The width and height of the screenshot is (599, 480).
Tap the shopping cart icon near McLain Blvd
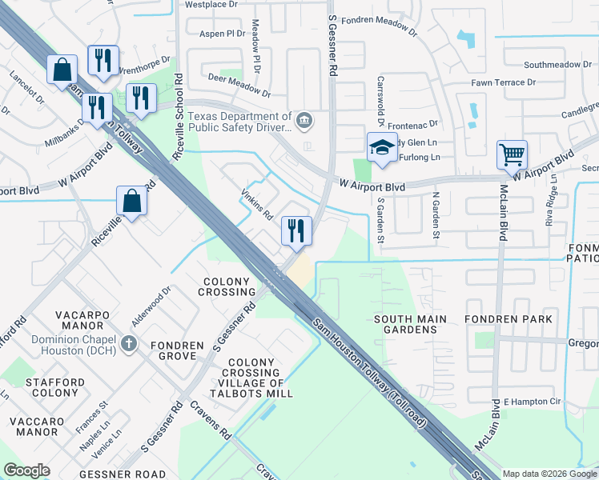coord(512,154)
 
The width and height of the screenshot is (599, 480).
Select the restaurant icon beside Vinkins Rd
coord(296,231)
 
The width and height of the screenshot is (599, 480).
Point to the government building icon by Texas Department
coord(304,121)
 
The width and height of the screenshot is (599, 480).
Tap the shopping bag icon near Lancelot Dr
coord(62,70)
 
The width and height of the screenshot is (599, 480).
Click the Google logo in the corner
coord(26,470)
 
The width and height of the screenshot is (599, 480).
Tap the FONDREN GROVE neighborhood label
coord(175,352)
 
